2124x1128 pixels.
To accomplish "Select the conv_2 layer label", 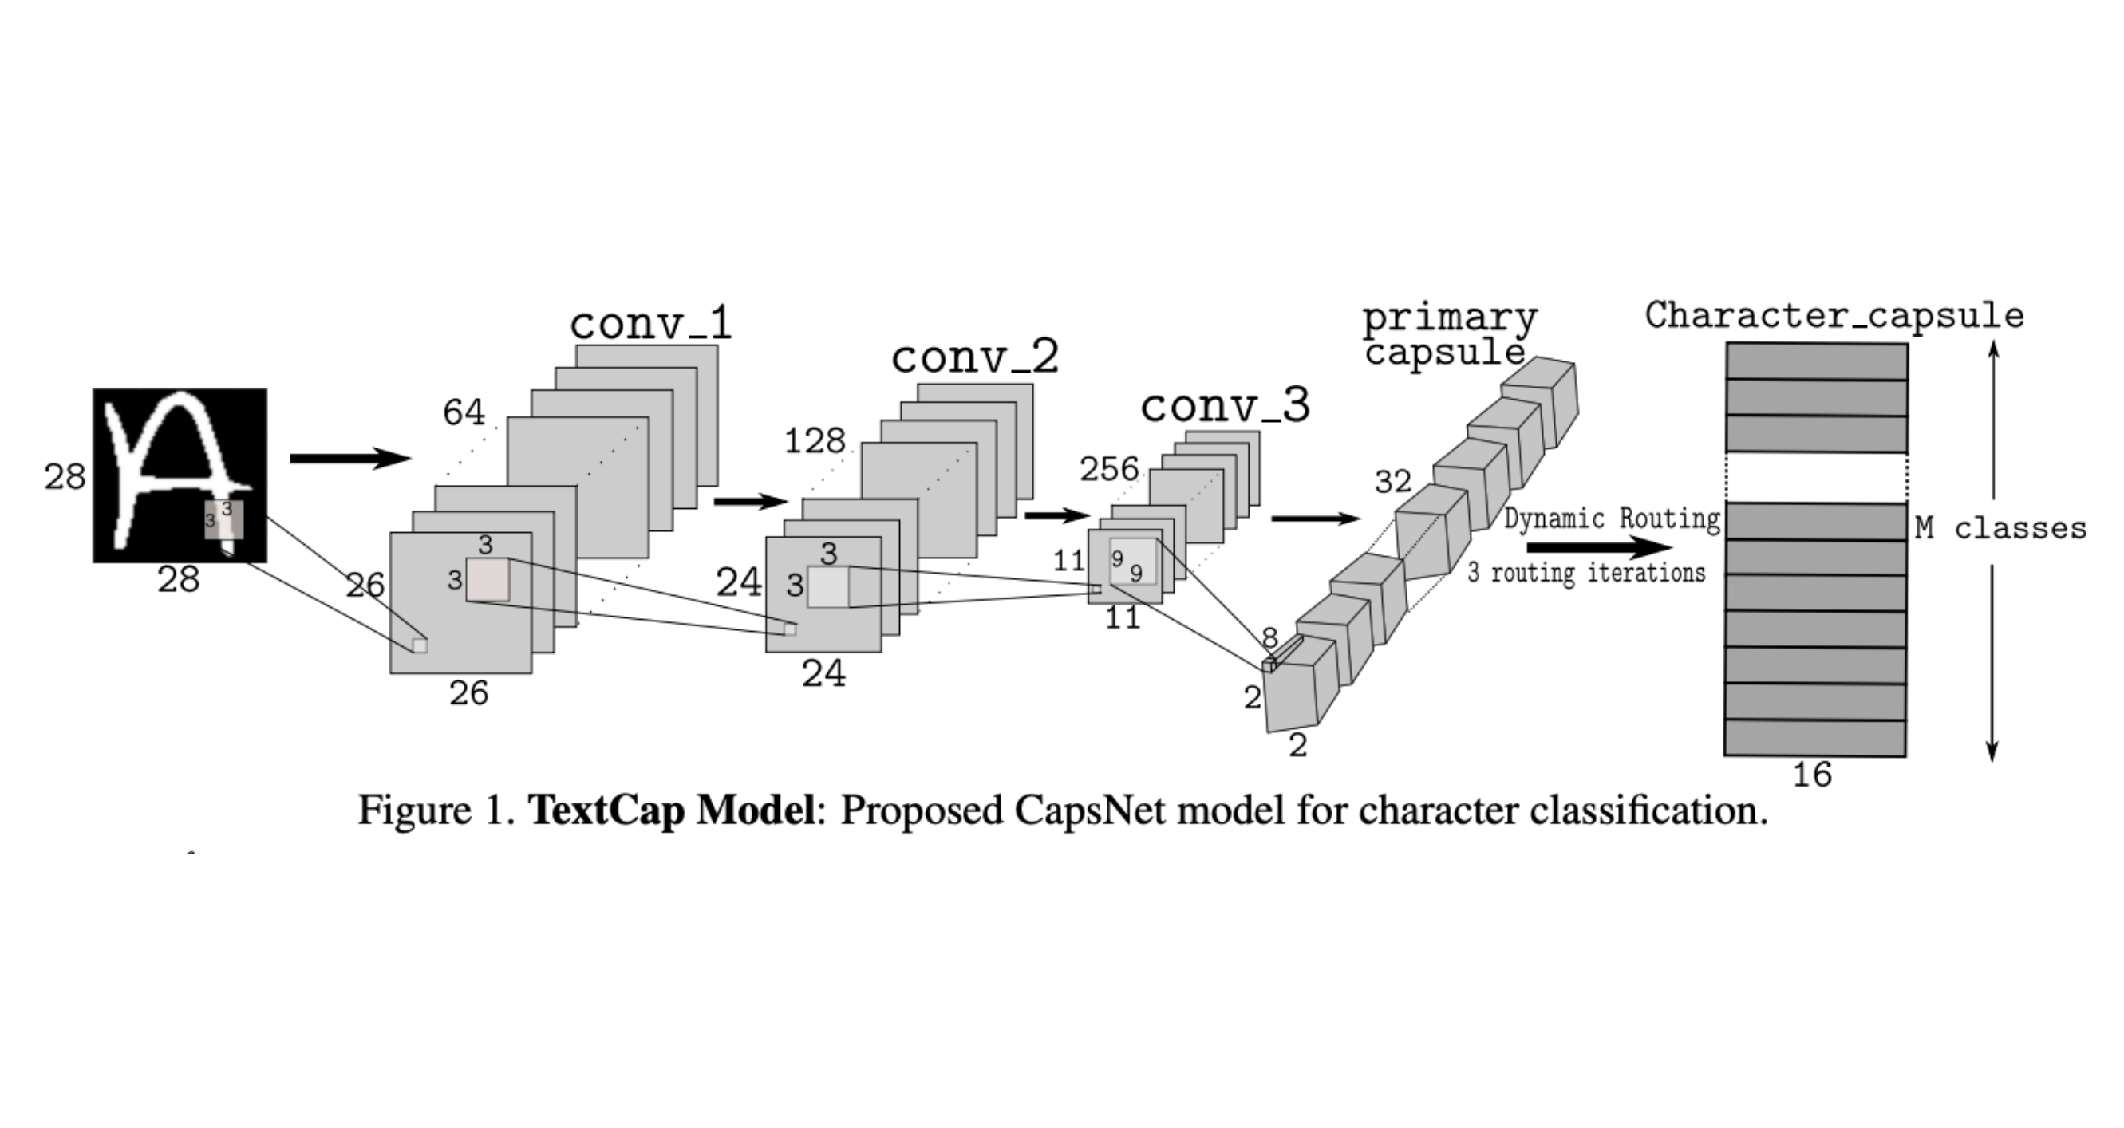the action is tap(974, 357).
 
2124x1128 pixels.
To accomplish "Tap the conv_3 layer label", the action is tap(1226, 406).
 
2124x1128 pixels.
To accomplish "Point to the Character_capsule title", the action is tap(1834, 316).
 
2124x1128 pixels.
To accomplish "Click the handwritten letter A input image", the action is tap(180, 475).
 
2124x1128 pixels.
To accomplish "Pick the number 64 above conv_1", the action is tap(464, 412).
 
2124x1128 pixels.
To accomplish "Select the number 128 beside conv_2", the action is tap(815, 442).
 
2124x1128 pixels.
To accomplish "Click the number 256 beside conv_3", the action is tap(1110, 469).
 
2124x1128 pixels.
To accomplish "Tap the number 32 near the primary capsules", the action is tap(1393, 482).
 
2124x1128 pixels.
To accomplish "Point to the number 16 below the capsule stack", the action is tap(1812, 775).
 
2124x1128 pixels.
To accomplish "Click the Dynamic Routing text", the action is tap(1613, 519).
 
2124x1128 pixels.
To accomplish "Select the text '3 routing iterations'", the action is tap(1586, 572).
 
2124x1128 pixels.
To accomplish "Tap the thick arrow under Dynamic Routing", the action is tap(1600, 547).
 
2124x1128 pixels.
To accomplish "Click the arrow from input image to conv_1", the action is tap(350, 459).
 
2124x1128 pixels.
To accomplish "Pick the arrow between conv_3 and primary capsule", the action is tap(1315, 519).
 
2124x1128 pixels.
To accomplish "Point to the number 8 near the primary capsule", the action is tap(1269, 638).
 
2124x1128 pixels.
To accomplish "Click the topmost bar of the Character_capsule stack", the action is tap(1818, 361).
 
